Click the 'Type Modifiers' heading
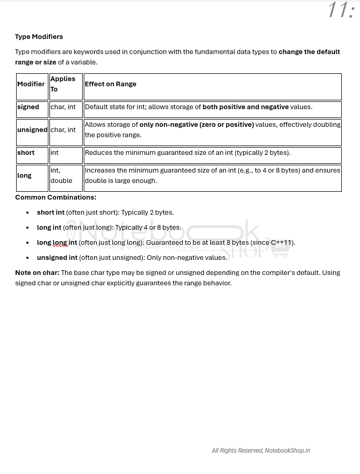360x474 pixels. (x=39, y=37)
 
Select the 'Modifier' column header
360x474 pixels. (x=31, y=84)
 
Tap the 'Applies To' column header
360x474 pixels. (x=62, y=84)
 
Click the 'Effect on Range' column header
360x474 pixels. (x=110, y=84)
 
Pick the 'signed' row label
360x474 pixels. (x=28, y=107)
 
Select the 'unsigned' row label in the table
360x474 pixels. (x=32, y=130)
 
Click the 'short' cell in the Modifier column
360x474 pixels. (x=26, y=153)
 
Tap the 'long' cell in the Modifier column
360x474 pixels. (x=24, y=176)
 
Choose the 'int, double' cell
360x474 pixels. (x=61, y=176)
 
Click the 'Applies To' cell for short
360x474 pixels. (x=55, y=153)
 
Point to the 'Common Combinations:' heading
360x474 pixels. (x=56, y=197)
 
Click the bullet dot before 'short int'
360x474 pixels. (x=28, y=213)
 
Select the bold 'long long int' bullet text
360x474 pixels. (x=57, y=243)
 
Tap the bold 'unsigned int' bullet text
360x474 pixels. (x=57, y=258)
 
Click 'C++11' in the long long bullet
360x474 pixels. (x=281, y=243)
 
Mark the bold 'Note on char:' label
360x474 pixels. (x=37, y=273)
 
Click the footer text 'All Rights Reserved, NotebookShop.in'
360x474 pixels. (x=261, y=451)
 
